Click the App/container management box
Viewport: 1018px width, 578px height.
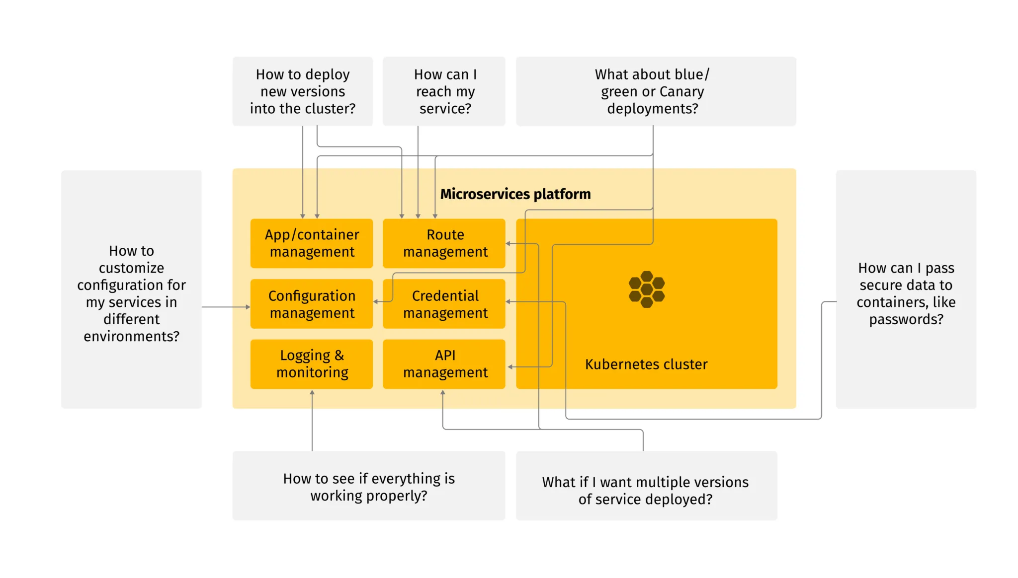[x=312, y=243]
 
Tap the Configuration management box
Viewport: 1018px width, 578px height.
[x=312, y=304]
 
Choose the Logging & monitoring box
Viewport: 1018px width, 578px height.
[x=312, y=364]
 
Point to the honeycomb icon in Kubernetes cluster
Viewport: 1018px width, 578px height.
[x=646, y=289]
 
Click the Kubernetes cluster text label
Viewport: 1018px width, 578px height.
[x=646, y=364]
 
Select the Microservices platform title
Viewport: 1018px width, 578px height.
[x=515, y=194]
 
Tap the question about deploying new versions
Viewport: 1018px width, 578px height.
[x=302, y=91]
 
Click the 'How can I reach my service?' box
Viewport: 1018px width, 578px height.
[x=444, y=91]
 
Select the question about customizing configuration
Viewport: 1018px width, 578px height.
[x=131, y=293]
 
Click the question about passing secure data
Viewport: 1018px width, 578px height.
[x=906, y=293]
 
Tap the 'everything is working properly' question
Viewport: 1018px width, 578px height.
[x=368, y=487]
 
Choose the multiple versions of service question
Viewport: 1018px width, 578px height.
[x=646, y=490]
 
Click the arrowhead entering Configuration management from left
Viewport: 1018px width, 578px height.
[x=248, y=307]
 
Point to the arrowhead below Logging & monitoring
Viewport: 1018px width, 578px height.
[x=312, y=393]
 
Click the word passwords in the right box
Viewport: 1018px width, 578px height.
[x=906, y=319]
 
